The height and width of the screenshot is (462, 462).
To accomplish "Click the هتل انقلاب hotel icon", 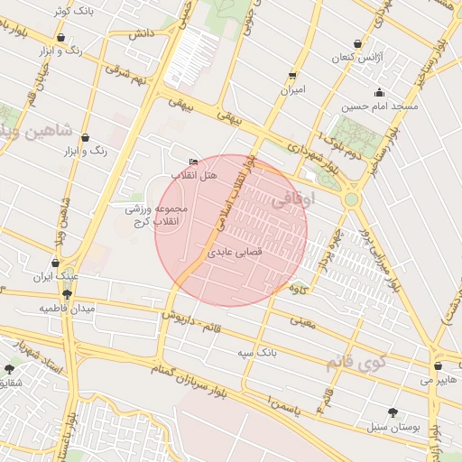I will [x=193, y=162].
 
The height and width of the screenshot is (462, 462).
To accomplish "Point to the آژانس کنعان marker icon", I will [x=358, y=43].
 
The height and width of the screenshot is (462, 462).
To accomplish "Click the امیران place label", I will [x=292, y=90].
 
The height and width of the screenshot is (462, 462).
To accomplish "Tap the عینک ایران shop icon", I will [x=55, y=263].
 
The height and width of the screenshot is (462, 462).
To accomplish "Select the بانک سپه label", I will [x=257, y=351].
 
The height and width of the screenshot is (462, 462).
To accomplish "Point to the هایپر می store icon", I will [x=438, y=366].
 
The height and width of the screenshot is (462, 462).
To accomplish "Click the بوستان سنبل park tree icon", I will [x=393, y=411].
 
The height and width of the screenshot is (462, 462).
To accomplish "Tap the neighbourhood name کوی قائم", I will [x=356, y=364].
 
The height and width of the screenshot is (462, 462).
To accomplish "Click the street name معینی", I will [x=301, y=320].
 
